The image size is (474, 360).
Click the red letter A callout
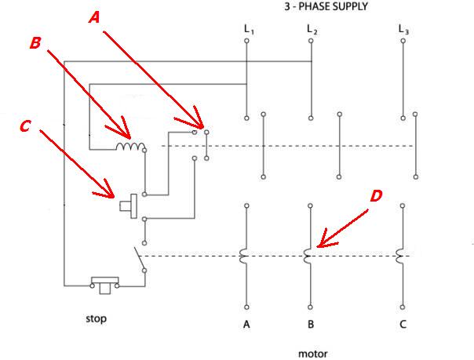(93, 16)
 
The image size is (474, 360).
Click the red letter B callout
(35, 43)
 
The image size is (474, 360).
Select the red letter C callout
(25, 125)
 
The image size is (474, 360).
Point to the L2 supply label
(312, 30)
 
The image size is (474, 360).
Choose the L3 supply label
(403, 30)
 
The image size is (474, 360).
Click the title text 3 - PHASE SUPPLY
(326, 6)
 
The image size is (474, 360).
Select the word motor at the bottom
(312, 353)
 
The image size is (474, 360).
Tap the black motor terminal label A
(248, 324)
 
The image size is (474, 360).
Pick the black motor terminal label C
(403, 324)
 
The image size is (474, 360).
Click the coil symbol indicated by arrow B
(129, 147)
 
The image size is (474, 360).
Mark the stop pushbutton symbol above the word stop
(104, 283)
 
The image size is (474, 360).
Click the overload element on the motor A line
(244, 255)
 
